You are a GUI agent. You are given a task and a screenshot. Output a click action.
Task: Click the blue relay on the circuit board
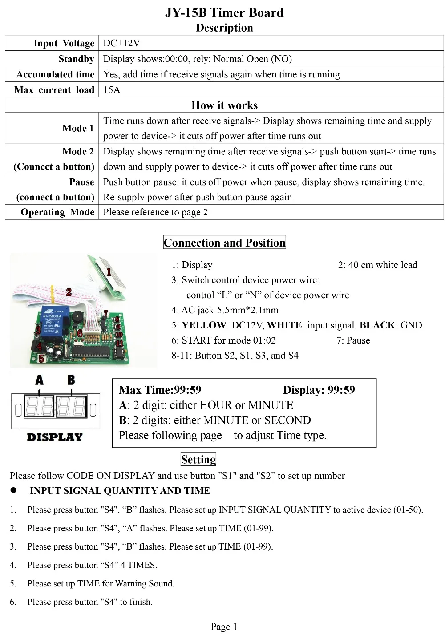[x=53, y=319]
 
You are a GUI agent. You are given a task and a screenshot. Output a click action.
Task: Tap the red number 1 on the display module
[x=109, y=271]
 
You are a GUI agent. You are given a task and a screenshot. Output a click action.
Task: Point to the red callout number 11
[x=119, y=343]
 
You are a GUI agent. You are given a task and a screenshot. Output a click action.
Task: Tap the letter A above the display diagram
[x=40, y=380]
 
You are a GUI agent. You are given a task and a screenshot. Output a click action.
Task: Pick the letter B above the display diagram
[x=71, y=380]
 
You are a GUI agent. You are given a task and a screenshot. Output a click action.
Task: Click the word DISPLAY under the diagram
[x=55, y=437]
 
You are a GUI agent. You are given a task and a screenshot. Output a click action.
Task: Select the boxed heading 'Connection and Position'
[x=224, y=243]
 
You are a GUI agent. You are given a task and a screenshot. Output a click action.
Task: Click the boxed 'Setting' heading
[x=198, y=459]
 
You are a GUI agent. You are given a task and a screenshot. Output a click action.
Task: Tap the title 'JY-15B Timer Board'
[x=224, y=12]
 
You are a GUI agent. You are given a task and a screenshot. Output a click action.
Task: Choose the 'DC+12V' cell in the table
[x=121, y=43]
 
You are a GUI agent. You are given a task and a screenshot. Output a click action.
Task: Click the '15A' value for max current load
[x=112, y=90]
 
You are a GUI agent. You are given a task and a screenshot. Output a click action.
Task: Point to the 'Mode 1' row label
[x=78, y=128]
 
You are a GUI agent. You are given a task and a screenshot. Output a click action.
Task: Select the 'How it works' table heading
[x=224, y=105]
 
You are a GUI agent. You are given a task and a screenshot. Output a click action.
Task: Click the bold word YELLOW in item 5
[x=204, y=325]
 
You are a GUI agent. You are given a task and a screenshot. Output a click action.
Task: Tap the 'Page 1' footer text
[x=224, y=627]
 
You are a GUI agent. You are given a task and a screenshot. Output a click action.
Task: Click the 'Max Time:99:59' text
[x=160, y=390]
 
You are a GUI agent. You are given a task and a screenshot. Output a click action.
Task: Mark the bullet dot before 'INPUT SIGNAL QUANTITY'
[x=14, y=490]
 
